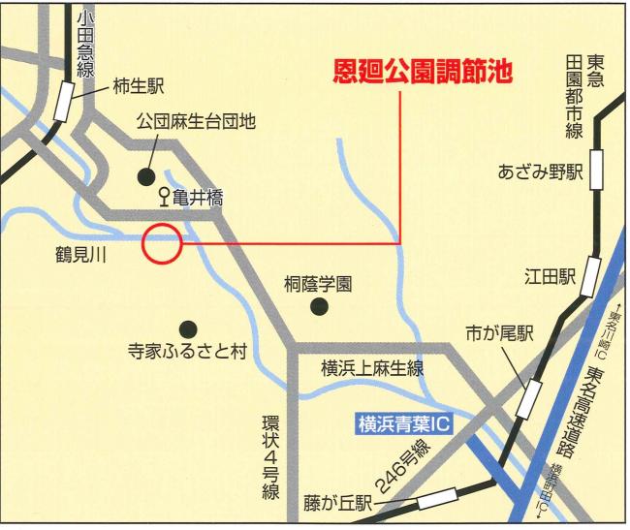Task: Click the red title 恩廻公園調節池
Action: click(x=422, y=73)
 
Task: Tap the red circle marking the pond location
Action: click(x=162, y=244)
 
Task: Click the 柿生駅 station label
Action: click(x=139, y=86)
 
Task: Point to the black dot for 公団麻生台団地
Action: click(x=145, y=176)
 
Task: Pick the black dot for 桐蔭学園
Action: click(x=318, y=308)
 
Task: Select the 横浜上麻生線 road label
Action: click(x=372, y=368)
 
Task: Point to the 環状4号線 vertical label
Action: click(x=270, y=454)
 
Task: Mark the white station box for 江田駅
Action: click(x=592, y=275)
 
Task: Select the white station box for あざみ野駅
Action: click(x=597, y=173)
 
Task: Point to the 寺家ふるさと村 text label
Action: click(x=188, y=351)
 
